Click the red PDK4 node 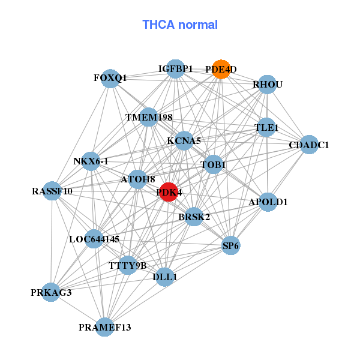click(x=169, y=192)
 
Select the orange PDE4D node click(x=221, y=70)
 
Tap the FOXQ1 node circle click(x=110, y=79)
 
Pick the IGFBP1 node click(x=175, y=69)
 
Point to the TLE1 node click(x=266, y=128)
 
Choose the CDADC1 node click(x=308, y=145)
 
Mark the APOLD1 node click(x=268, y=202)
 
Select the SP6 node click(x=231, y=245)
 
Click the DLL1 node click(x=165, y=277)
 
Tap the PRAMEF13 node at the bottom click(x=105, y=327)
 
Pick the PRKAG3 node click(x=52, y=292)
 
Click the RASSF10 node click(x=53, y=191)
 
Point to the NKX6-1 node click(x=91, y=161)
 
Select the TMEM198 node click(x=149, y=116)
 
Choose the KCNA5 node click(x=184, y=141)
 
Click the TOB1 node click(x=214, y=164)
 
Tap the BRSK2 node click(x=194, y=217)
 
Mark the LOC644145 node click(x=94, y=239)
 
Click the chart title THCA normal click(x=180, y=25)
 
